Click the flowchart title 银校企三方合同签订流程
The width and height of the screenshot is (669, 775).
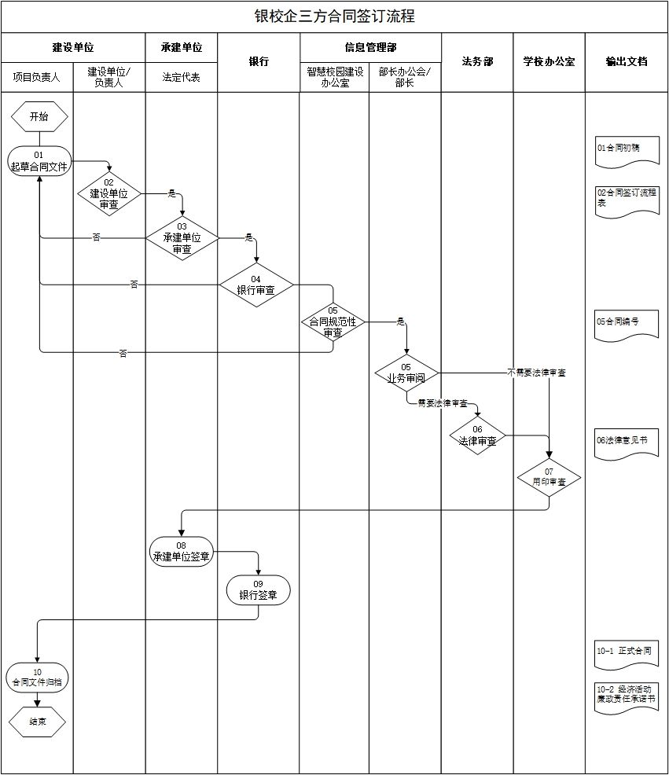[334, 17]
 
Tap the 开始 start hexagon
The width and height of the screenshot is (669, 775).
[39, 116]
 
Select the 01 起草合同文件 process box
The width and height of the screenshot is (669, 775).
[40, 160]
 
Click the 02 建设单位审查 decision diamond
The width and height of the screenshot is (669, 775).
[109, 193]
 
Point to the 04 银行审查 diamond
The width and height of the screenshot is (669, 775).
[256, 285]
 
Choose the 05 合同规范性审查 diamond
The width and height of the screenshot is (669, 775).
[333, 321]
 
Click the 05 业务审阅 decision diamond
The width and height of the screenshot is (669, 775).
[406, 373]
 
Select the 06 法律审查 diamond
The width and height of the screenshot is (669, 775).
[477, 435]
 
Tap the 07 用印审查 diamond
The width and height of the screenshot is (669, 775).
[549, 477]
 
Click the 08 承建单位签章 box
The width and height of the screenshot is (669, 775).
[182, 550]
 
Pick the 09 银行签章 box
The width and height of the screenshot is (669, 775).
[258, 590]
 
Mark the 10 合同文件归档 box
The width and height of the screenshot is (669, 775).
[38, 677]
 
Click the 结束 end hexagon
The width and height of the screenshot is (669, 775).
[38, 720]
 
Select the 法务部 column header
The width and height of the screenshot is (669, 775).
[477, 61]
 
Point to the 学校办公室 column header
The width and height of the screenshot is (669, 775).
[549, 61]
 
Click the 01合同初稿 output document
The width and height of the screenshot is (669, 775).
[627, 149]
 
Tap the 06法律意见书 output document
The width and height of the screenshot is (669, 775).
[627, 443]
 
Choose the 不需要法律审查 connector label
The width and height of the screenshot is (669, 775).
[536, 373]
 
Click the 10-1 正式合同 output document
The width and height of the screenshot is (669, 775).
[627, 653]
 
